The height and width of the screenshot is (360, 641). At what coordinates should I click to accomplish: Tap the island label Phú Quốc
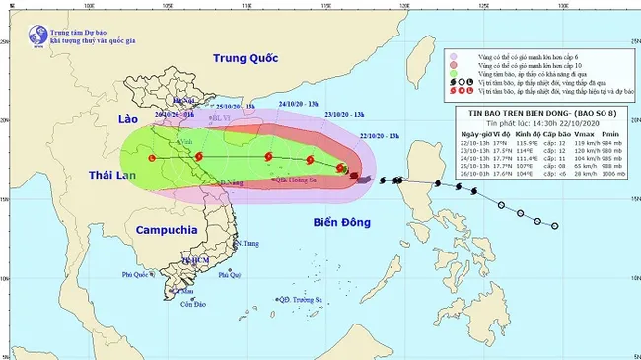(137, 274)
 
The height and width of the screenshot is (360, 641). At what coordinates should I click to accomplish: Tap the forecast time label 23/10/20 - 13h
(344, 113)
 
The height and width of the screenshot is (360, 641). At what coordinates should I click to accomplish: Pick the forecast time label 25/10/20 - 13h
(235, 106)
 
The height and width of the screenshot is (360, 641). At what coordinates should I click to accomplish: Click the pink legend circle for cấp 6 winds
(453, 56)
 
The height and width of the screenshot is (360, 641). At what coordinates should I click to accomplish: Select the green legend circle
(453, 76)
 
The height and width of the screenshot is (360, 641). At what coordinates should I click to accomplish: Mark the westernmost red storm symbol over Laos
(151, 158)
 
